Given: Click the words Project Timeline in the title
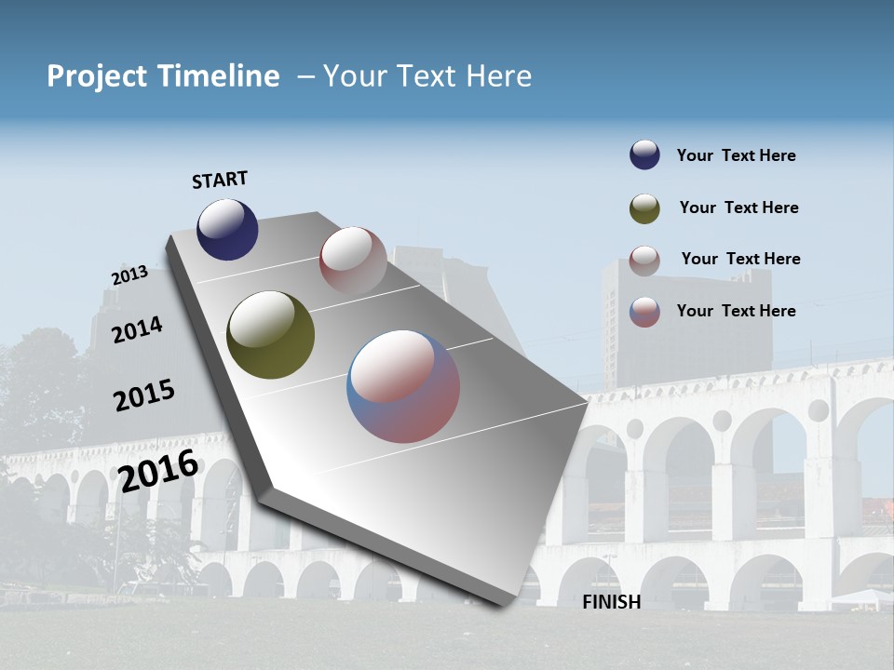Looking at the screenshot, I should pyautogui.click(x=163, y=76).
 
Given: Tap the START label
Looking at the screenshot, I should pyautogui.click(x=220, y=180).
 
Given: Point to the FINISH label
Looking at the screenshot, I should pyautogui.click(x=611, y=602).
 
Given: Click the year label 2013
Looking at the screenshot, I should pyautogui.click(x=129, y=275).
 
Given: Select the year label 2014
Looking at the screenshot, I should pyautogui.click(x=137, y=329).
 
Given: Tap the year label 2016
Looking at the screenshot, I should pyautogui.click(x=158, y=470).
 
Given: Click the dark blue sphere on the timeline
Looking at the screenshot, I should pyautogui.click(x=227, y=229).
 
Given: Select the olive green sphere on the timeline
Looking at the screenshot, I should pyautogui.click(x=270, y=335).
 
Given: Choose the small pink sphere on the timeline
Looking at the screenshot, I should pyautogui.click(x=353, y=260).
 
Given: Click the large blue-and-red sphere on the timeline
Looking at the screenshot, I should pyautogui.click(x=403, y=385).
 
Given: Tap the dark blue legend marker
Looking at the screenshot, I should pyautogui.click(x=644, y=154).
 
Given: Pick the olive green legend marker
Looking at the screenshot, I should pyautogui.click(x=644, y=208).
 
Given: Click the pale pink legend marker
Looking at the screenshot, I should pyautogui.click(x=644, y=261).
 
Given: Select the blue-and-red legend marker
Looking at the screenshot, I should pyautogui.click(x=644, y=312).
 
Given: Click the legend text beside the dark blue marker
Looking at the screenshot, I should pyautogui.click(x=736, y=155).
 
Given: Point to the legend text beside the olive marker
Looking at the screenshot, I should pyautogui.click(x=738, y=208).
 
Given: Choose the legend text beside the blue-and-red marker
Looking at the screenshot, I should pyautogui.click(x=736, y=311).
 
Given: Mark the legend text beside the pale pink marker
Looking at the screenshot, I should pyautogui.click(x=740, y=259).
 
